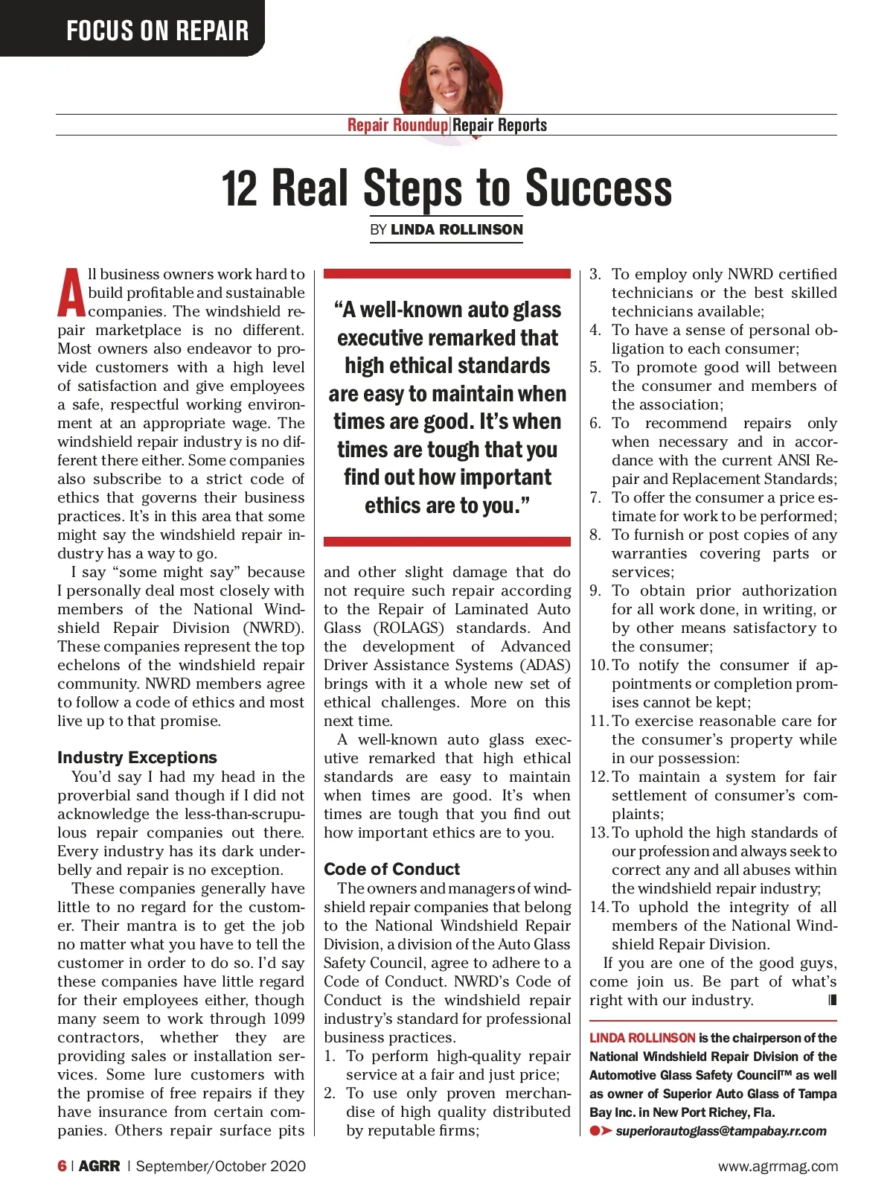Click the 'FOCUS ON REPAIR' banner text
click(x=157, y=31)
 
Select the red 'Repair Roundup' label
click(x=397, y=125)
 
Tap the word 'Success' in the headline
click(x=598, y=188)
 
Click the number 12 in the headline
click(x=240, y=188)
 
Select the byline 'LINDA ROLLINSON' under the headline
click(x=456, y=229)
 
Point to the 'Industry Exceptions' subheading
click(x=137, y=757)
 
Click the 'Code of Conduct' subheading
click(x=391, y=869)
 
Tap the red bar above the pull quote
click(x=447, y=274)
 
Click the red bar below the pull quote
click(x=447, y=541)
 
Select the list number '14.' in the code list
click(x=599, y=907)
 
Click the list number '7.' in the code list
click(x=595, y=497)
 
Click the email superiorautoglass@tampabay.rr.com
click(x=720, y=1131)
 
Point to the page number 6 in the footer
click(x=62, y=1166)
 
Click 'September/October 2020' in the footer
click(x=220, y=1166)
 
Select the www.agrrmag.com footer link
click(x=778, y=1166)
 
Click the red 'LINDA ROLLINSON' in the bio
click(x=642, y=1038)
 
